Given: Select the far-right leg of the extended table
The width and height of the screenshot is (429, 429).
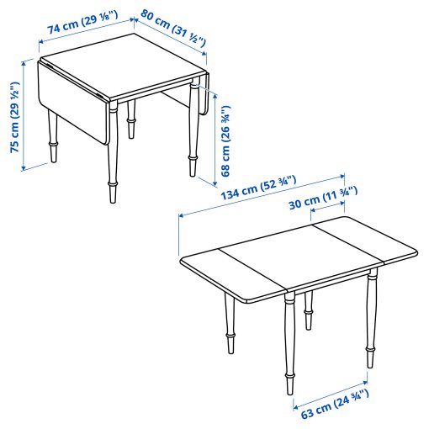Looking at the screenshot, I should [x=369, y=320].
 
